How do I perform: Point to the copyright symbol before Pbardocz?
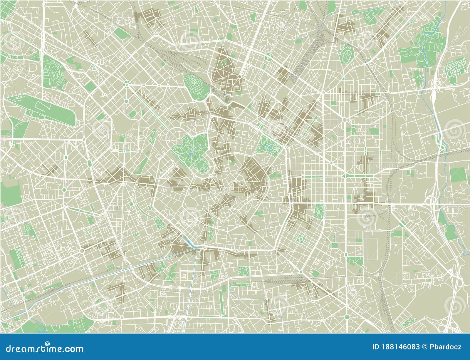tap(423, 347)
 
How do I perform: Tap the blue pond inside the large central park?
tap(191, 153)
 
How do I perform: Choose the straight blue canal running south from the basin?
tap(192, 282)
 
